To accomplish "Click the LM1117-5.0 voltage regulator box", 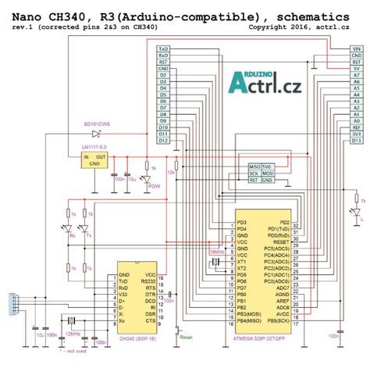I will point(95,159).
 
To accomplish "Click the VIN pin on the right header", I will point(356,48).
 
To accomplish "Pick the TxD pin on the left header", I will point(163,48).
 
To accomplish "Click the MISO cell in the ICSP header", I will point(254,166).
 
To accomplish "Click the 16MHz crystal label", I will point(217,252).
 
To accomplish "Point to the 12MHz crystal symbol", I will point(73,322).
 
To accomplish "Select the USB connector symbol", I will point(12,302).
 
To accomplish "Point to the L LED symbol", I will point(355,211).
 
